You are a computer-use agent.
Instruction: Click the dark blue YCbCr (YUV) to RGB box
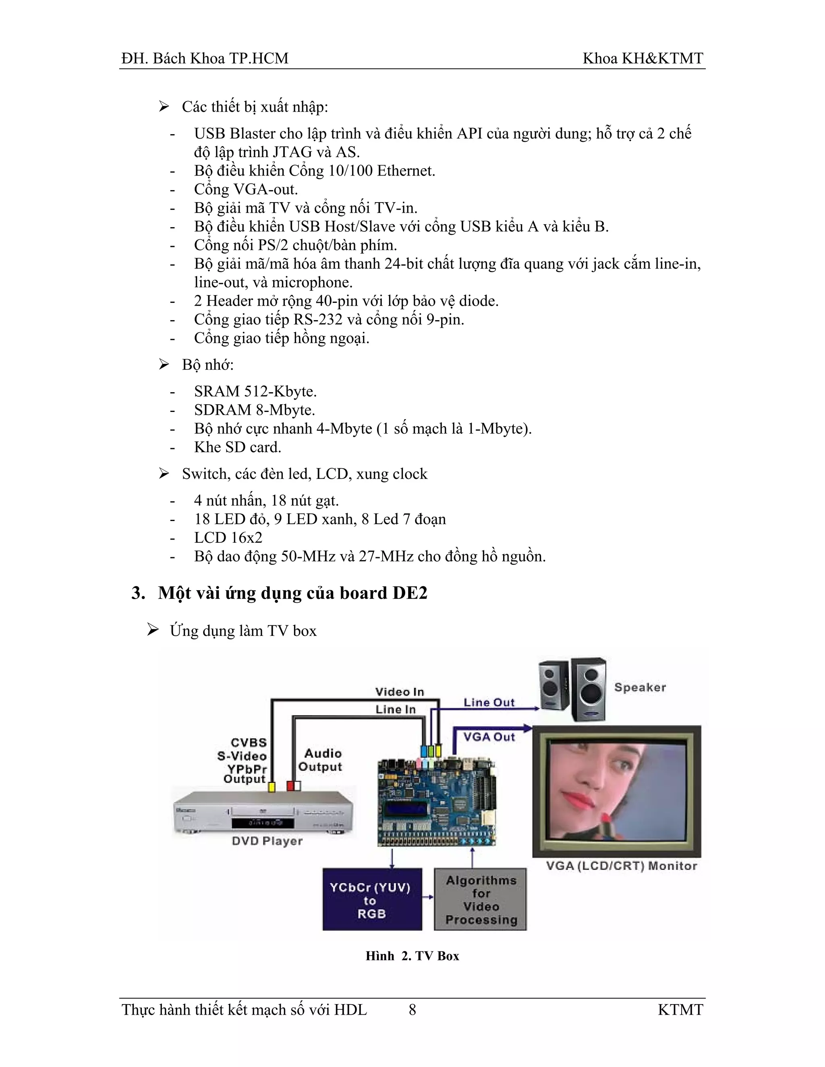[x=372, y=900]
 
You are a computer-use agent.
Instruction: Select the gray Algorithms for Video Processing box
[x=481, y=900]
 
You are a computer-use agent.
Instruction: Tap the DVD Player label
[x=267, y=841]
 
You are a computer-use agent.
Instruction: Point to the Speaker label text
[x=640, y=687]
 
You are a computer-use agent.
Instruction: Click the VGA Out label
[x=489, y=737]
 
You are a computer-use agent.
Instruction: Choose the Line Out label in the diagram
[x=489, y=703]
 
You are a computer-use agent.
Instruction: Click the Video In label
[x=399, y=692]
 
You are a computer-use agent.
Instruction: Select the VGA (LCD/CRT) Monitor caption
[x=621, y=866]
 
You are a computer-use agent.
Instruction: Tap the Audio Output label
[x=321, y=760]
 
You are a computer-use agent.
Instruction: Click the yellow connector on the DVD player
[x=272, y=787]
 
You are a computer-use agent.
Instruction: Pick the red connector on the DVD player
[x=290, y=786]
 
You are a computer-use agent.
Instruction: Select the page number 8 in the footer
[x=412, y=1010]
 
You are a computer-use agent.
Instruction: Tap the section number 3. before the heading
[x=138, y=593]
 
